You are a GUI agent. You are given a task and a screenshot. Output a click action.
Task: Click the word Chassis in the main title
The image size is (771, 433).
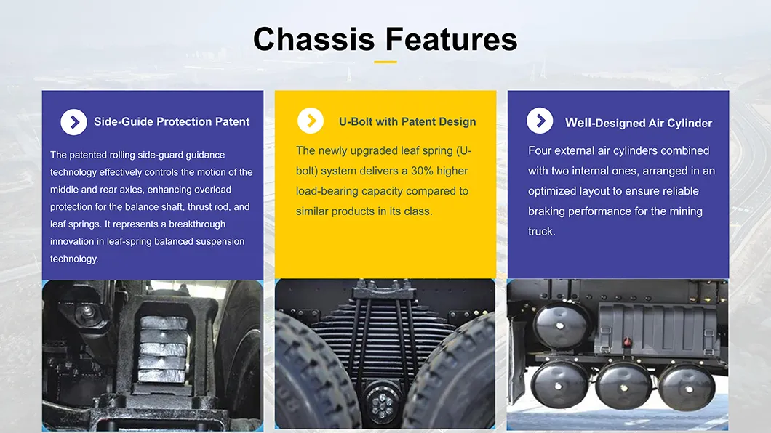click(314, 39)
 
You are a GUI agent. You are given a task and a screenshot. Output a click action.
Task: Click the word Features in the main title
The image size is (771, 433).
click(452, 39)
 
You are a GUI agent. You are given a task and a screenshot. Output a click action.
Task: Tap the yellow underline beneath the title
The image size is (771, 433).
click(385, 62)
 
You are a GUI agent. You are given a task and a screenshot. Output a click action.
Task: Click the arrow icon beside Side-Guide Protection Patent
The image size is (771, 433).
click(73, 122)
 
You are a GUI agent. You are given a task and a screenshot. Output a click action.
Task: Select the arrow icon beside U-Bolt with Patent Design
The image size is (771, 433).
click(311, 121)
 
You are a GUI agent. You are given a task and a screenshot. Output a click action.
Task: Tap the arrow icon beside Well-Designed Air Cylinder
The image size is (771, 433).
click(540, 121)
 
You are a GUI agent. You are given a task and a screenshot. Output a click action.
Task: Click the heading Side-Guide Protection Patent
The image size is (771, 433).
click(172, 122)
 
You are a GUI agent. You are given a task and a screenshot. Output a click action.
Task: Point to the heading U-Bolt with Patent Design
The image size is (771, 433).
click(407, 122)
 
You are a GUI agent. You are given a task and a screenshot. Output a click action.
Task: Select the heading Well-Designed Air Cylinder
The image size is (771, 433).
click(638, 123)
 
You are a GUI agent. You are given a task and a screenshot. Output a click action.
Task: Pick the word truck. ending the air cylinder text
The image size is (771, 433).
click(542, 232)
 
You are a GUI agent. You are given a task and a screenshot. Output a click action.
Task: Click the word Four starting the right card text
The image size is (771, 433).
click(540, 150)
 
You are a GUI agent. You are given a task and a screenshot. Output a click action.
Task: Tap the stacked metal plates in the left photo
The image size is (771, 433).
click(161, 348)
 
